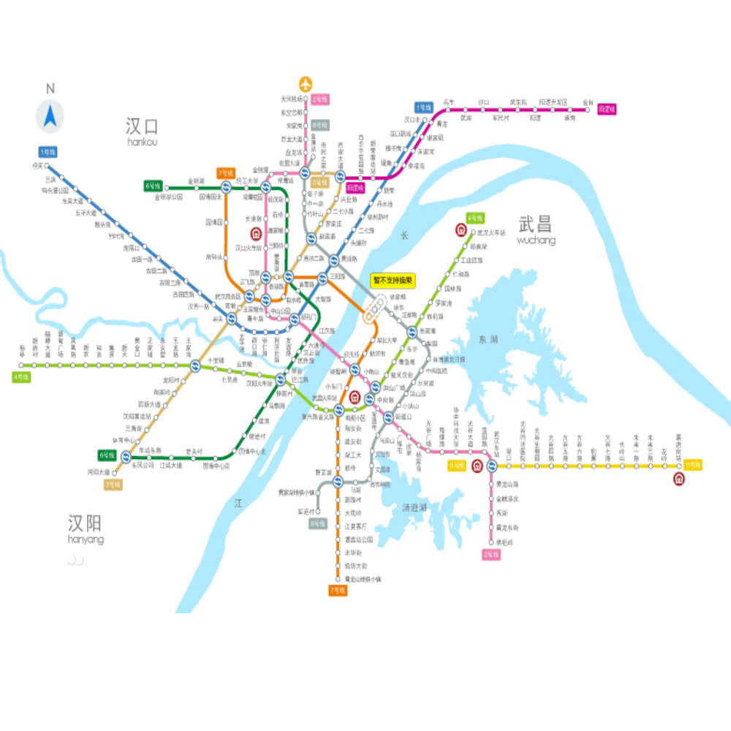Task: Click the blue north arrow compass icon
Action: pyautogui.click(x=50, y=116)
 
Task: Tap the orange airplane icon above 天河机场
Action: pyautogui.click(x=306, y=83)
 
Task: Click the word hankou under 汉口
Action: pyautogui.click(x=142, y=142)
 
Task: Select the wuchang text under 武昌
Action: pyautogui.click(x=536, y=240)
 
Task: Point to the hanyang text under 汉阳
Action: pyautogui.click(x=85, y=539)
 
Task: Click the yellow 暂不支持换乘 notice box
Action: pyautogui.click(x=393, y=280)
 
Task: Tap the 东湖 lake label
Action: pyautogui.click(x=488, y=339)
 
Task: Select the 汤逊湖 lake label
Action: pyautogui.click(x=414, y=507)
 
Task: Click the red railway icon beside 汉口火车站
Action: pyautogui.click(x=257, y=234)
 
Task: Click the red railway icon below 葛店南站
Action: pyautogui.click(x=679, y=479)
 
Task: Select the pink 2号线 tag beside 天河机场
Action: pyautogui.click(x=320, y=99)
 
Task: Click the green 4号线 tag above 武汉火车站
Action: pyautogui.click(x=475, y=218)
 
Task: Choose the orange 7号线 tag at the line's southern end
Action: pyautogui.click(x=337, y=590)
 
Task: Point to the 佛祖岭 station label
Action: pyautogui.click(x=505, y=542)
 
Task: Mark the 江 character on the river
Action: pyautogui.click(x=238, y=503)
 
